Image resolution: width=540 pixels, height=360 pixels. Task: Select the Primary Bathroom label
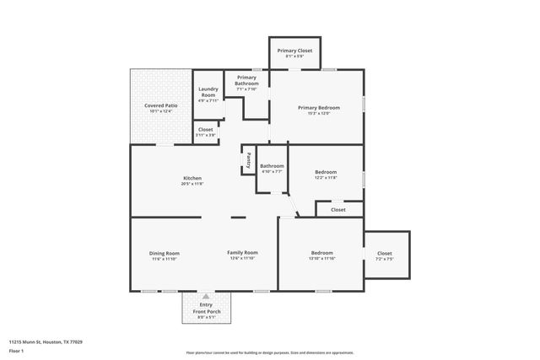click(x=247, y=81)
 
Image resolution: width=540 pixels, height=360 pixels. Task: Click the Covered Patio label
click(x=159, y=108)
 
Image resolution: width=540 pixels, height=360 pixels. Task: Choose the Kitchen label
click(x=192, y=180)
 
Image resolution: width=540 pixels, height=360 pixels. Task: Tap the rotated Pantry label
click(x=249, y=159)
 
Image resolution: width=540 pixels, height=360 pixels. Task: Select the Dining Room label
click(x=165, y=255)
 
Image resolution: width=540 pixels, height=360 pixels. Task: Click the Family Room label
click(x=242, y=255)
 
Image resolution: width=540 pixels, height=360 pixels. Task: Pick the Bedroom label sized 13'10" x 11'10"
click(x=321, y=255)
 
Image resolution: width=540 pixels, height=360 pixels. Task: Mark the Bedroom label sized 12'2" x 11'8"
click(x=326, y=175)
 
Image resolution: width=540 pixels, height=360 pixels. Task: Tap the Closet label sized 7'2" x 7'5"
click(x=385, y=255)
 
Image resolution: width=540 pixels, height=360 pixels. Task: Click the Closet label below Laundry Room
click(x=206, y=132)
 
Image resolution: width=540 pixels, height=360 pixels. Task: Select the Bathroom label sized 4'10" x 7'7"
click(x=272, y=168)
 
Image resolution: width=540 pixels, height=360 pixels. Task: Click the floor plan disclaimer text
click(x=270, y=352)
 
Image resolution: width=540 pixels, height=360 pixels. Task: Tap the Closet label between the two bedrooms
click(x=337, y=209)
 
